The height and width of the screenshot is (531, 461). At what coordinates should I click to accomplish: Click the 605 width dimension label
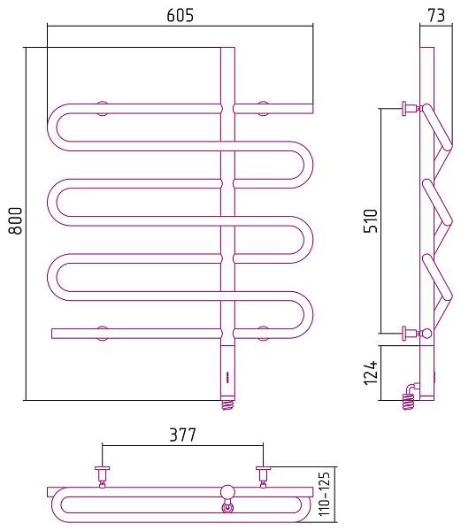(181, 15)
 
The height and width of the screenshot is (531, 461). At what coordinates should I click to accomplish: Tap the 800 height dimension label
(16, 220)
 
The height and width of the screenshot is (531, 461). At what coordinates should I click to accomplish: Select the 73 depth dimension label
(436, 15)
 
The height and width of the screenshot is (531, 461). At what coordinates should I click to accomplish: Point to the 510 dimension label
(370, 220)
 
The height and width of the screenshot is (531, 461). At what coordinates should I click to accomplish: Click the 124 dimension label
(370, 373)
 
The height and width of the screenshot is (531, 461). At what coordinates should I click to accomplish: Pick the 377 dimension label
(182, 435)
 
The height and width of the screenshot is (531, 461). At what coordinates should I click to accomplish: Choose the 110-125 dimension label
(324, 494)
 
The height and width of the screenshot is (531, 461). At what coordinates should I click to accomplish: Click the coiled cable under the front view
(227, 404)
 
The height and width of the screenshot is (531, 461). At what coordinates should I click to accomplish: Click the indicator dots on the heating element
(227, 377)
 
